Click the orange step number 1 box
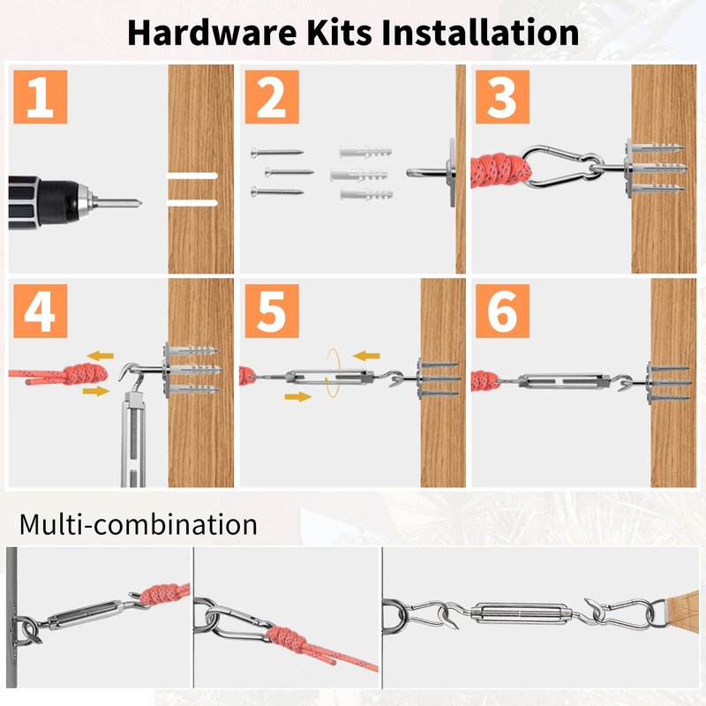pos(40,97)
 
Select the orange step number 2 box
pos(272,97)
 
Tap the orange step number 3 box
pos(502,97)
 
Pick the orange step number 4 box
pos(40,311)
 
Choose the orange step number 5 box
pos(272,311)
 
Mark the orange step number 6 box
pos(502,311)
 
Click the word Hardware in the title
pos(212,33)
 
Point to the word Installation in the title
pos(480,33)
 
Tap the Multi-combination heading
pos(139,524)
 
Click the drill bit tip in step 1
pos(139,204)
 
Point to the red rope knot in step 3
pos(500,170)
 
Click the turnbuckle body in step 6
pos(563,382)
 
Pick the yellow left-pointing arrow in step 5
pos(366,357)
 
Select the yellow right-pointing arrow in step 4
pos(96,390)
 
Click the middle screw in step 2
pos(289,171)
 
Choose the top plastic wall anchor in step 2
pos(366,152)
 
